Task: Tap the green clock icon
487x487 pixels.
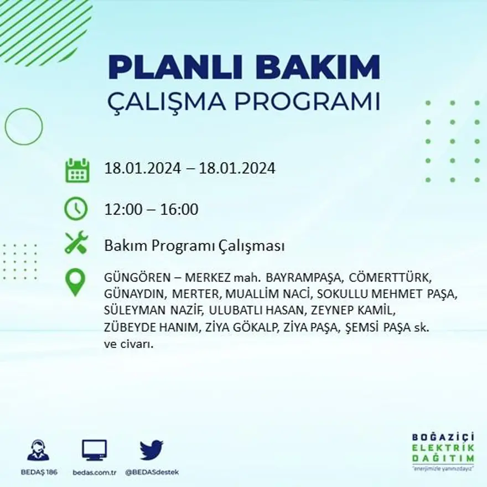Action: click(76, 209)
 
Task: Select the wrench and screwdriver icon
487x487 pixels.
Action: click(76, 243)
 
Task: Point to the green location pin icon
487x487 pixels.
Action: click(75, 282)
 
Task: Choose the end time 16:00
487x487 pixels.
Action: click(179, 210)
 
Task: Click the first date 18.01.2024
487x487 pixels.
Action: click(143, 168)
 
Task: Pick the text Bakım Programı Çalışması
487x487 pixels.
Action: click(194, 246)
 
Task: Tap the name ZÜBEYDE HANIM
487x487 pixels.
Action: click(151, 328)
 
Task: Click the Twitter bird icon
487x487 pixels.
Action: click(151, 450)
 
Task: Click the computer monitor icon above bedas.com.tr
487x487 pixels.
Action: click(95, 450)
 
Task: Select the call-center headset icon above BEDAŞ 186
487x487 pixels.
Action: click(38, 450)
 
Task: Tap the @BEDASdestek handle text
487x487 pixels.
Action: click(152, 472)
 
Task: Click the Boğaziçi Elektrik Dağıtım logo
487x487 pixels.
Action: click(443, 451)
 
